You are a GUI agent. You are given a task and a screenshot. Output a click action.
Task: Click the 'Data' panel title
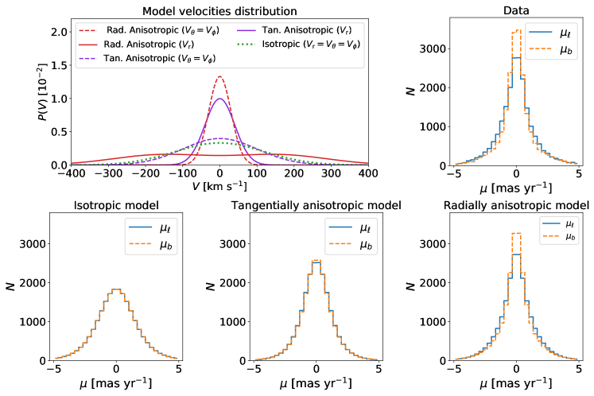point(516,11)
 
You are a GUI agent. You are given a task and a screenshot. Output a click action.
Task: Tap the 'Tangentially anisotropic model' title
point(316,207)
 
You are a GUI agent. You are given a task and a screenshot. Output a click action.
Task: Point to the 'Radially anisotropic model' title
point(516,207)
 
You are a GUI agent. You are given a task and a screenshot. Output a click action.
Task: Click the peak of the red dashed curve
point(220,77)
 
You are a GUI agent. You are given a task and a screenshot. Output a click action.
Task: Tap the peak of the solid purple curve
point(220,99)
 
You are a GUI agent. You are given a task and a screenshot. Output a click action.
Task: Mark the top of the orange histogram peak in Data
point(516,30)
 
